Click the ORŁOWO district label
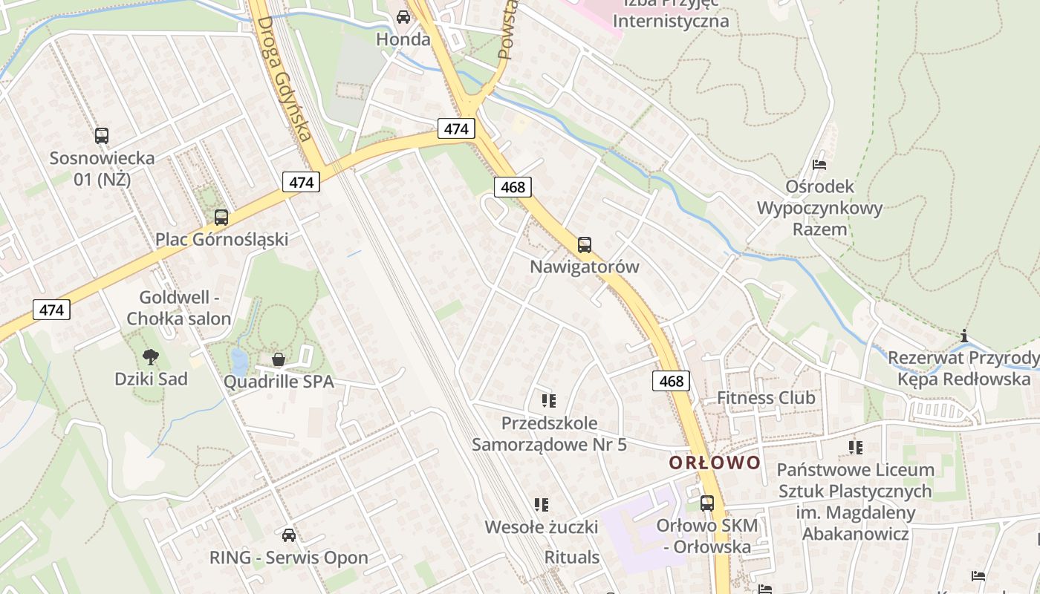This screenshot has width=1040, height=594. [715, 463]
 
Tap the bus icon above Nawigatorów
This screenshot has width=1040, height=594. [585, 244]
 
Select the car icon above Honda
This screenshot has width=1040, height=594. [403, 16]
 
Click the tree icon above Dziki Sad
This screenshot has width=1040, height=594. [151, 357]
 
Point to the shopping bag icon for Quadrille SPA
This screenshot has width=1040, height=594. [279, 360]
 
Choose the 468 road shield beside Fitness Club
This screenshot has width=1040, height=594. [672, 381]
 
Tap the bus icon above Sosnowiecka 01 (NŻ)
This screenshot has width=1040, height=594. [102, 136]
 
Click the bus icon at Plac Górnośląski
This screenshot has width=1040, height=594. [221, 218]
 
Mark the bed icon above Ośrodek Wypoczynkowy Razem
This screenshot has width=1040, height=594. [819, 164]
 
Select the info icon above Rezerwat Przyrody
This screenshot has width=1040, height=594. [964, 336]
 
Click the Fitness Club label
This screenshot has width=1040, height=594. [766, 398]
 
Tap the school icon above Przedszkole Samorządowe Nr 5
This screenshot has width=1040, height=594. [549, 402]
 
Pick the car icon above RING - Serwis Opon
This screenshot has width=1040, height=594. [289, 535]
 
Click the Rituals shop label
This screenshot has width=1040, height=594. [572, 557]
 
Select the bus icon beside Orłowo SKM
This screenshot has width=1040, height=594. [707, 503]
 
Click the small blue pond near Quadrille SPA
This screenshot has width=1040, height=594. [239, 362]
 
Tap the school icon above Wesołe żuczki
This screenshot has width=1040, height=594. [542, 505]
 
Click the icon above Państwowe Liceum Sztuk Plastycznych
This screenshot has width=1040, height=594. [856, 448]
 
